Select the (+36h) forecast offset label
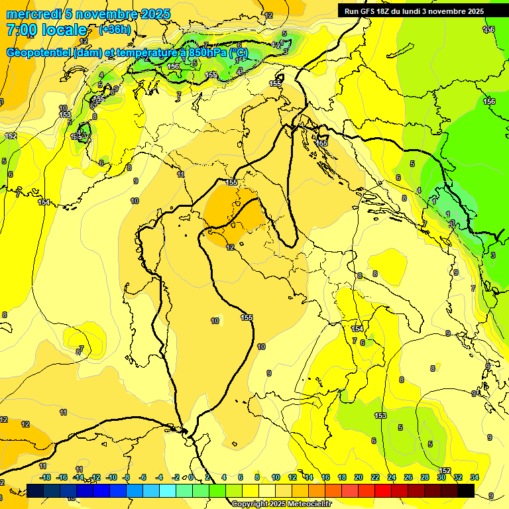pos(114,30)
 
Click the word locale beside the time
pos(63,30)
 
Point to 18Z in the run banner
pos(383,11)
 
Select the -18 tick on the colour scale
pos(45,477)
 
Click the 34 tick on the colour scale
pos(475,477)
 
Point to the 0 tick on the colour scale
pos(191,477)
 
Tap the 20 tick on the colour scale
pos(359,477)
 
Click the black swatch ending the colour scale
pos(466,490)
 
